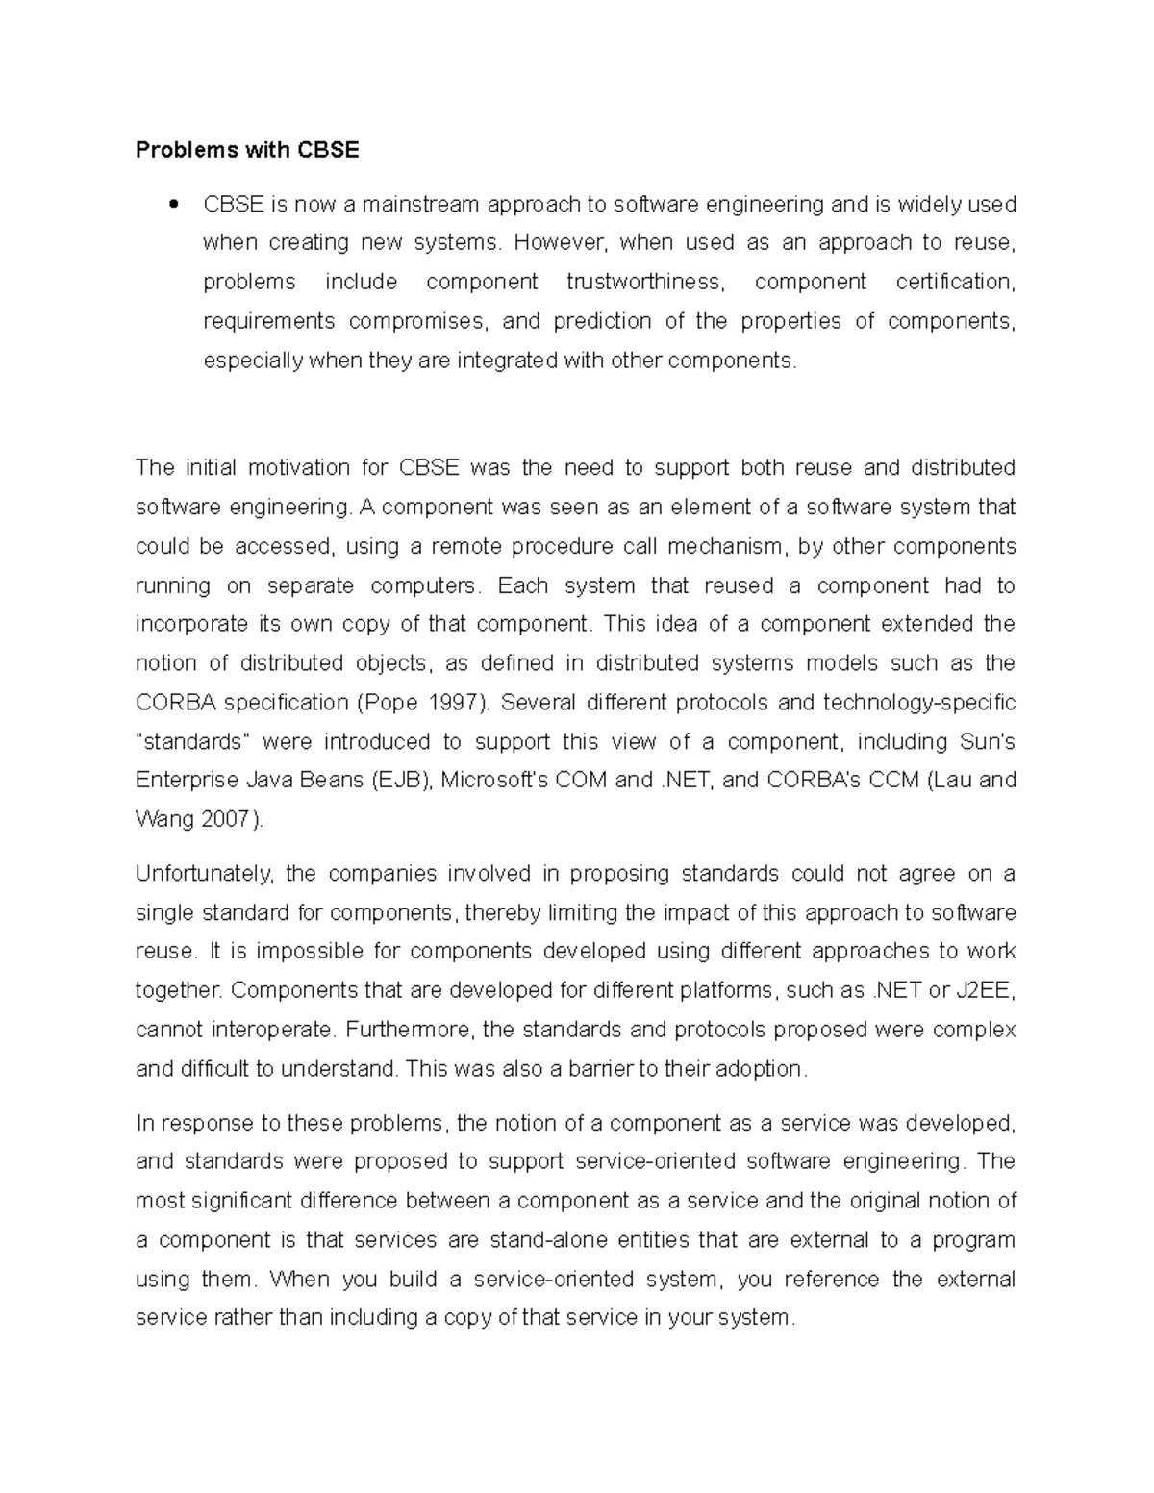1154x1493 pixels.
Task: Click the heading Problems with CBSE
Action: pos(247,150)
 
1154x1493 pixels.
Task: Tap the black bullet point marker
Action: pos(174,204)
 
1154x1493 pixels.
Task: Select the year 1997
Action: pos(451,703)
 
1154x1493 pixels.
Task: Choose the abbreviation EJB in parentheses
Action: pos(403,780)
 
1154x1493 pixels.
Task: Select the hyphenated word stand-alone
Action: pos(548,1240)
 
